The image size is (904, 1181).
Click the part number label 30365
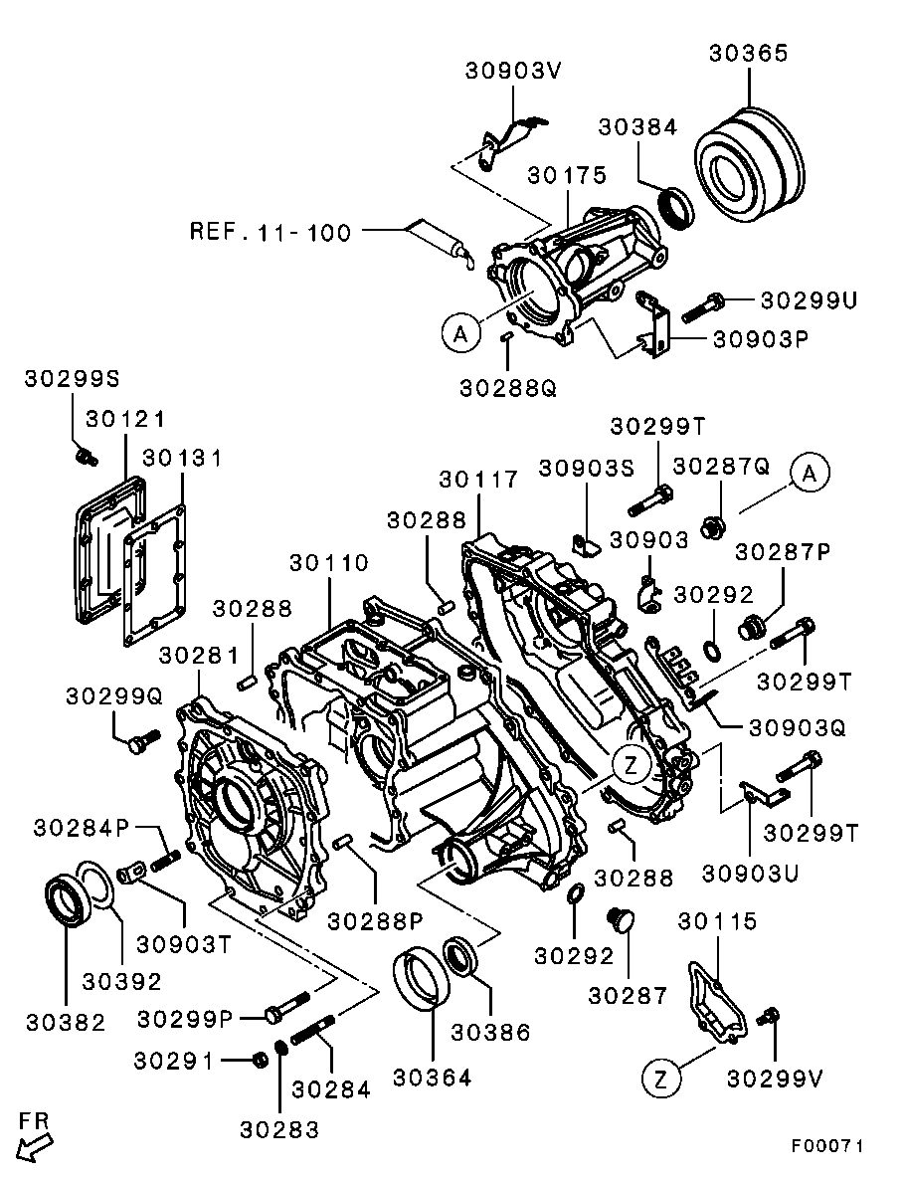point(748,54)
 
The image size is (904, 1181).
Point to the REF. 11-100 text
point(270,233)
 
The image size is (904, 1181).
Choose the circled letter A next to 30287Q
point(810,474)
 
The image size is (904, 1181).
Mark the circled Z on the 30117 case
point(632,764)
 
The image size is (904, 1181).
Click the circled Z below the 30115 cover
point(663,1078)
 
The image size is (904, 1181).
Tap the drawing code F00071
point(827,1146)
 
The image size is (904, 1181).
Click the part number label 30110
point(329,563)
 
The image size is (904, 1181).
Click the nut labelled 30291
point(257,1060)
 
